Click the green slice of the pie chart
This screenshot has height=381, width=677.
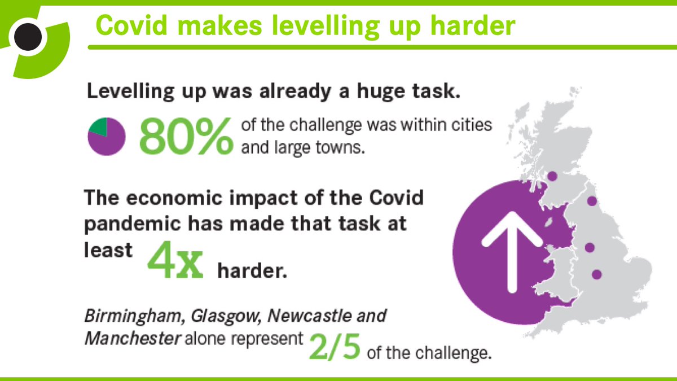(x=99, y=127)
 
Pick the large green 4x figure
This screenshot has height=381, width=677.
(x=175, y=263)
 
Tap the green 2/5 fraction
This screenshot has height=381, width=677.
(x=334, y=348)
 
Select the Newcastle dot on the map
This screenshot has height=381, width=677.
(x=592, y=201)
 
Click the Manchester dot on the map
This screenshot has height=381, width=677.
(x=590, y=247)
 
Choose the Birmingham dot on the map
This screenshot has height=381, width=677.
(x=596, y=274)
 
